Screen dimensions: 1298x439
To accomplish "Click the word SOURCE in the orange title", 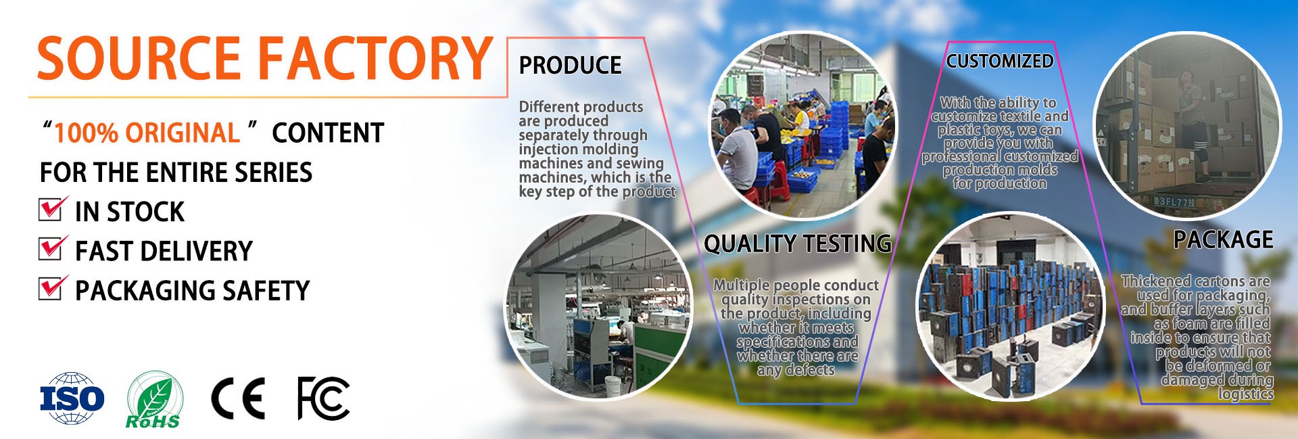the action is coord(139,58).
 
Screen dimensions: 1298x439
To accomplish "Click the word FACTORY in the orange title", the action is coord(377,58).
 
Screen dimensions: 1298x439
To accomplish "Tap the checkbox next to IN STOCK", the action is coord(53,208).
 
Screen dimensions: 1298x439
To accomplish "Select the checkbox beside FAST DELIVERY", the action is coord(53,248).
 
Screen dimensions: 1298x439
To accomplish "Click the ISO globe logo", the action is coord(72,398).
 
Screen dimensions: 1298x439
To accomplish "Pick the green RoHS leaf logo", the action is coord(154,400).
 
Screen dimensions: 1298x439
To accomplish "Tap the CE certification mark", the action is coord(237,398).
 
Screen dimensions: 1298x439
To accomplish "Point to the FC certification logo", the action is coord(324,398).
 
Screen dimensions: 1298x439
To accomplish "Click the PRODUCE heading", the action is coord(570,65).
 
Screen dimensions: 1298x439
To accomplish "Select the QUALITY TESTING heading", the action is coord(798,244).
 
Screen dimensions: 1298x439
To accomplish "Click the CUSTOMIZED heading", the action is coord(1000,61).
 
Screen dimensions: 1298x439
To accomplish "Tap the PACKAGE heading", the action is coord(1223,239).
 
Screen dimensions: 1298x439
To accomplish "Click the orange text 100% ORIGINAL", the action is coord(147,133).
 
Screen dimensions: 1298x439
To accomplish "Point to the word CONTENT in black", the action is coord(328,133).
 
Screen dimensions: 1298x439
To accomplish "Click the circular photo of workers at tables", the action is coord(802,126).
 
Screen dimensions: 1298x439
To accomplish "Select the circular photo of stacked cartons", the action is coord(1187,126).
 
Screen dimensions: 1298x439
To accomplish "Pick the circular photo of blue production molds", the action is coord(1011,306).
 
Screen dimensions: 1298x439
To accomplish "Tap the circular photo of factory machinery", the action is coord(600,306).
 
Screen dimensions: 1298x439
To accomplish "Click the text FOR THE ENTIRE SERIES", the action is coord(176,172).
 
